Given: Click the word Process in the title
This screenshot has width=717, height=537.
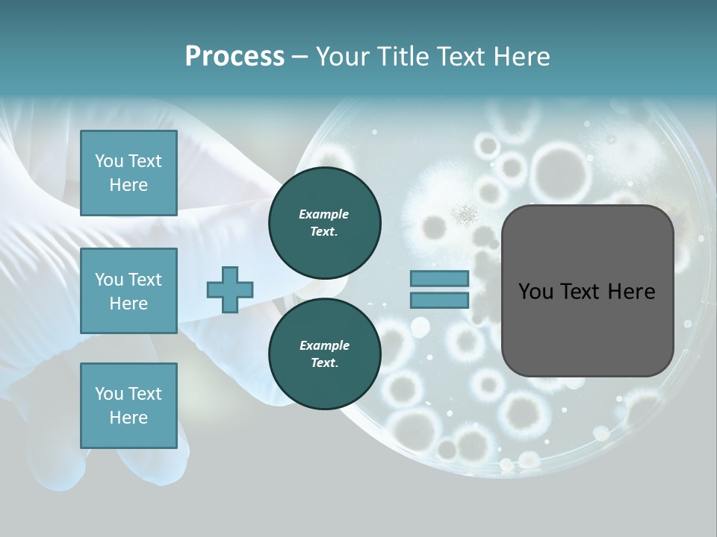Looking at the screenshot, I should [x=235, y=57].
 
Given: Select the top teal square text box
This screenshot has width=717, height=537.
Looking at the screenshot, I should [x=128, y=173].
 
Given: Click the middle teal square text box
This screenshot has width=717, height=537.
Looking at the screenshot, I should [x=128, y=291].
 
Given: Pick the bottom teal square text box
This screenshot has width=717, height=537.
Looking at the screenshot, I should [x=128, y=406].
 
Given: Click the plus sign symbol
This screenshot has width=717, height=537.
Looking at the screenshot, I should [x=229, y=289].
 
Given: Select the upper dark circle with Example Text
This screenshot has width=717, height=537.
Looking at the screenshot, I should [x=324, y=222].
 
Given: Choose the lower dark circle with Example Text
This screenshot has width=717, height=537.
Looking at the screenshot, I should [x=324, y=354].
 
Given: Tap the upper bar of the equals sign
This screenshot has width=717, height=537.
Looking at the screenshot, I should [x=439, y=279].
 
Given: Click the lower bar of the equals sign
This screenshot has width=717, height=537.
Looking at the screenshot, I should [x=439, y=300].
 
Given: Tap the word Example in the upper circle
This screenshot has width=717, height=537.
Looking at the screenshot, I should [x=324, y=214].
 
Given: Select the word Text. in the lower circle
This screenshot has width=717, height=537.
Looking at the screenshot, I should [x=324, y=363].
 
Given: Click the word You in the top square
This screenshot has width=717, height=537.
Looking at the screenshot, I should [x=109, y=161].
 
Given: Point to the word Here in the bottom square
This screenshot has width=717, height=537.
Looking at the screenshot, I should [x=128, y=418].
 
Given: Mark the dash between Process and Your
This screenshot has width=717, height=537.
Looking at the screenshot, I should [x=299, y=57].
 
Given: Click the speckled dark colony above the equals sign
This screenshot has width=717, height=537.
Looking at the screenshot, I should [x=467, y=215].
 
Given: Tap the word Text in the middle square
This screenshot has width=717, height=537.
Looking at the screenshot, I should [x=145, y=280].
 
